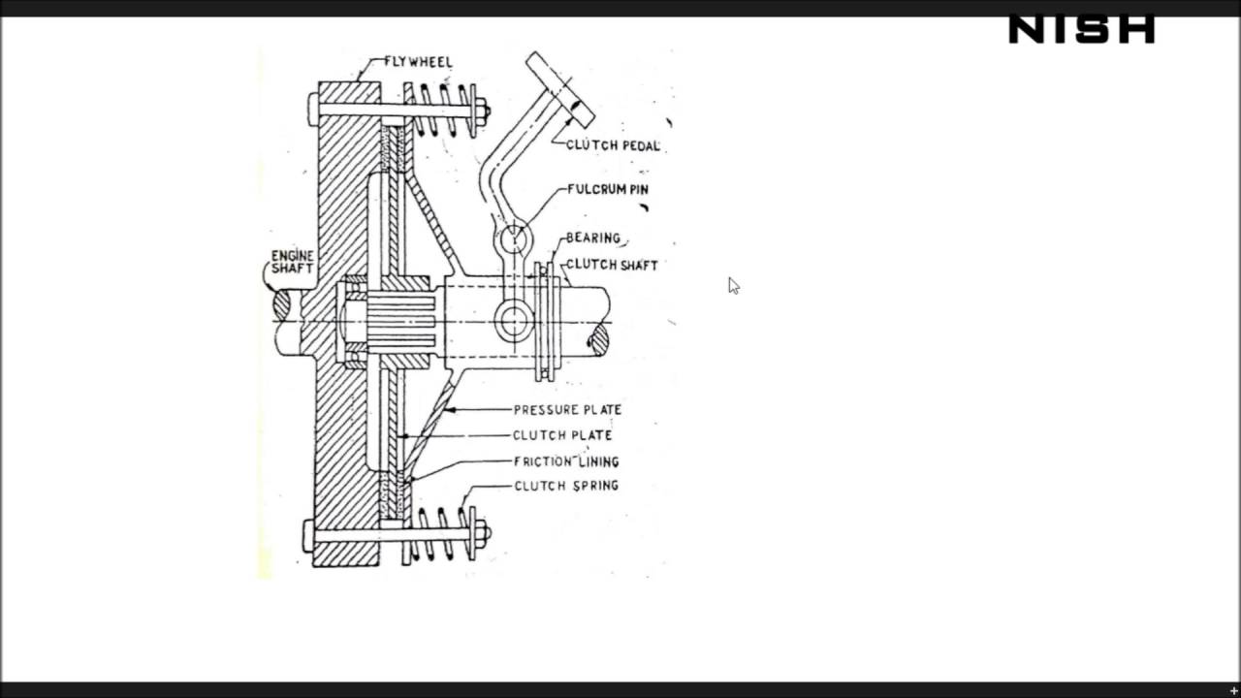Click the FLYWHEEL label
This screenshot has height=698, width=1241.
[418, 62]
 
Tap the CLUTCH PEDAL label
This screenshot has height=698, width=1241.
[613, 145]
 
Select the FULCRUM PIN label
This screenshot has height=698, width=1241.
[607, 189]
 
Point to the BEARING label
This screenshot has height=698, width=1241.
[592, 238]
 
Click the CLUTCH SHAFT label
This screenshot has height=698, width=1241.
[611, 265]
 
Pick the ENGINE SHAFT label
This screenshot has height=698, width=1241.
[292, 262]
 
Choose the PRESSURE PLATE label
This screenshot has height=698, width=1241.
[567, 410]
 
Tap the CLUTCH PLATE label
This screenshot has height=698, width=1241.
[562, 435]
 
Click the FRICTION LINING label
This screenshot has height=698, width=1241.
[566, 461]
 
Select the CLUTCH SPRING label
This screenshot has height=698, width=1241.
[566, 486]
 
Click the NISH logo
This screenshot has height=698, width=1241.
[1081, 30]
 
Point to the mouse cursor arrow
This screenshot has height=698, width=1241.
[733, 285]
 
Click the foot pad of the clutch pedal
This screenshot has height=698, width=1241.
[560, 89]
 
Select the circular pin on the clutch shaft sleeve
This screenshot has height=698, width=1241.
[514, 320]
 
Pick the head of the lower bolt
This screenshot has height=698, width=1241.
[308, 535]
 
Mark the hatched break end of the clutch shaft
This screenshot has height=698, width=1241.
[598, 338]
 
